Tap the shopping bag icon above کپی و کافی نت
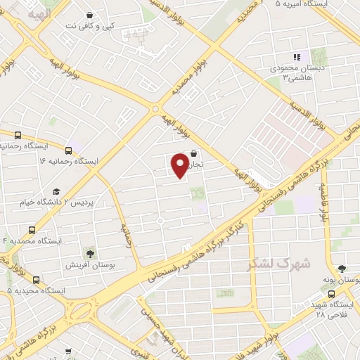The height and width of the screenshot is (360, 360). click(89, 15)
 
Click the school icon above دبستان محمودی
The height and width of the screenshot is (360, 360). click(297, 57)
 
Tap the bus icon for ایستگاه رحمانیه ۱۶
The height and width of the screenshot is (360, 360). click(68, 150)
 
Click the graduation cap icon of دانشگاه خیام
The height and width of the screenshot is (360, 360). click(56, 191)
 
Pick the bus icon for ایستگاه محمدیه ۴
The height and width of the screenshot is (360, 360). click(32, 230)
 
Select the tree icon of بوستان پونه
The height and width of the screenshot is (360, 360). click(342, 268)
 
